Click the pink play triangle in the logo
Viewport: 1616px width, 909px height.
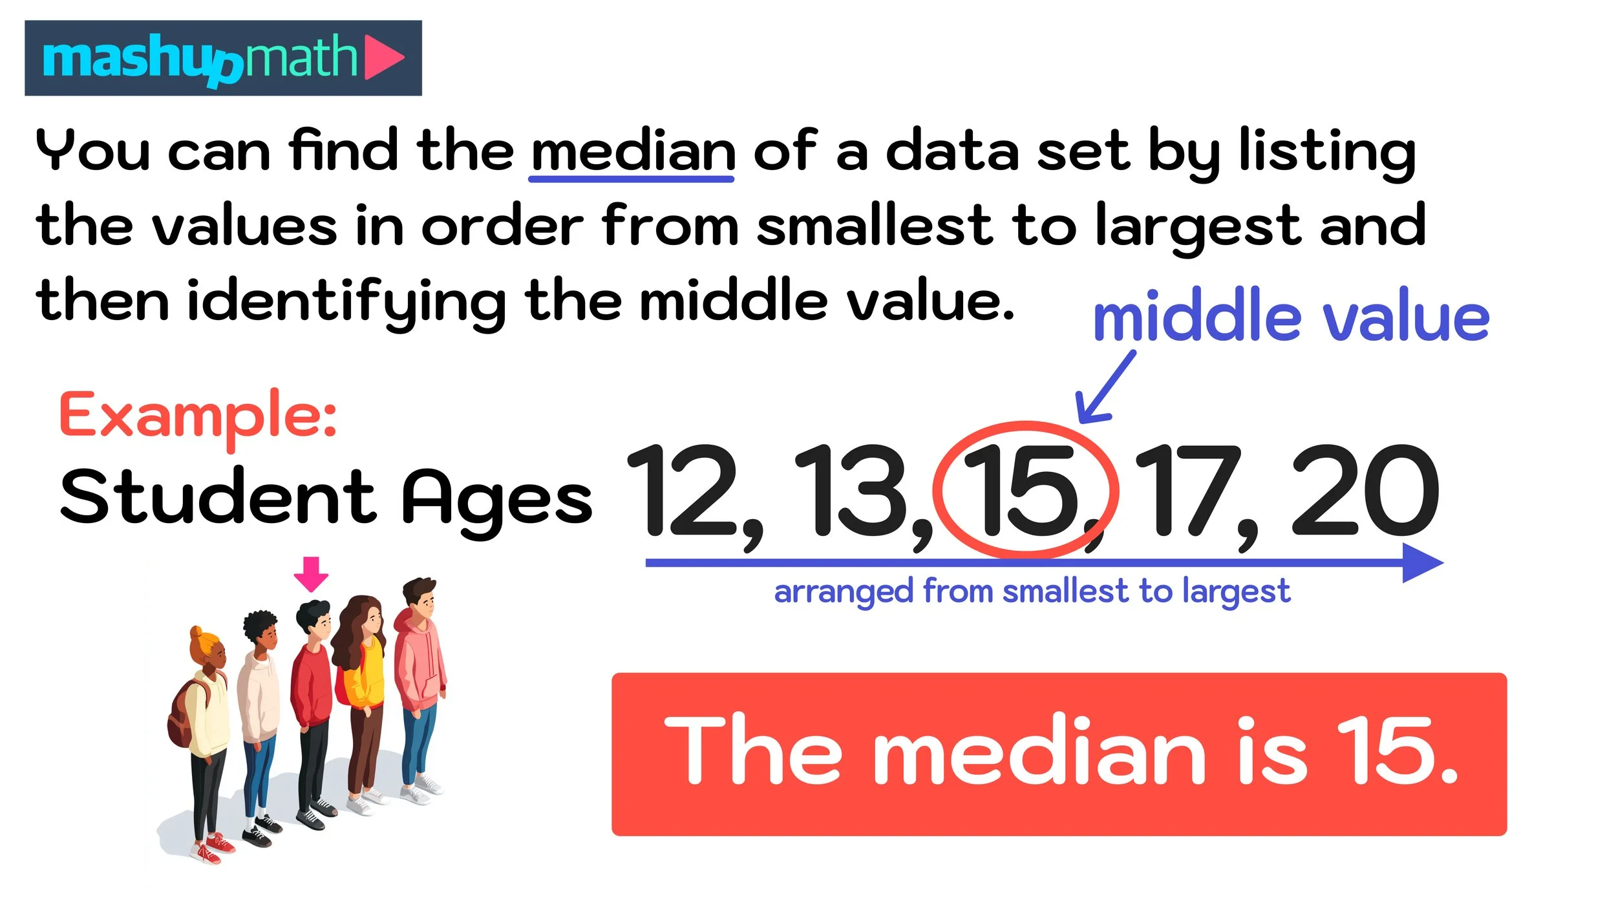383,58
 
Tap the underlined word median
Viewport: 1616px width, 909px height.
632,151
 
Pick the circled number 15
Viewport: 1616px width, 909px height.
1023,491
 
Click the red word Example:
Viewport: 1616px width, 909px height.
198,415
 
